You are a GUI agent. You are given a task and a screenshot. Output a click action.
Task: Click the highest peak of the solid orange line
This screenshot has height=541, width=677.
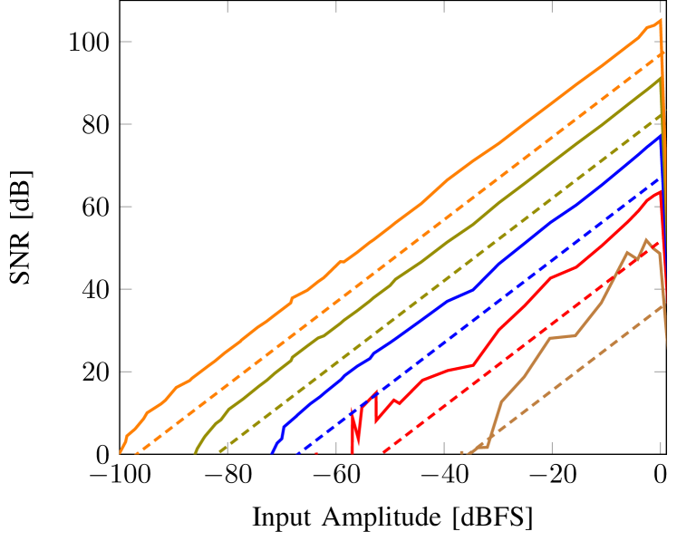[660, 20]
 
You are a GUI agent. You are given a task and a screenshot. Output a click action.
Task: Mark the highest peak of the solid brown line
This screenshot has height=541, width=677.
[645, 240]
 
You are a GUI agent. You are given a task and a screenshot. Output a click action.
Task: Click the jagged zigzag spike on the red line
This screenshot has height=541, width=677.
[355, 426]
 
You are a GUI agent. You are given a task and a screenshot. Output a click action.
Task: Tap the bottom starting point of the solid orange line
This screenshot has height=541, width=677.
[121, 452]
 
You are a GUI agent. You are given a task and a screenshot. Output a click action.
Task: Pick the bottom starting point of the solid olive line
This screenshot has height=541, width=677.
[196, 451]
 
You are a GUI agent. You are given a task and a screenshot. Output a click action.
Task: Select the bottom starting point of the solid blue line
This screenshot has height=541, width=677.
[272, 451]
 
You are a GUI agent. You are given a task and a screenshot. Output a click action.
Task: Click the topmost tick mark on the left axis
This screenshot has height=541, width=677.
[126, 42]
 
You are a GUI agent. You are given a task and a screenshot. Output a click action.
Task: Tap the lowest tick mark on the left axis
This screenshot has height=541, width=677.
[126, 372]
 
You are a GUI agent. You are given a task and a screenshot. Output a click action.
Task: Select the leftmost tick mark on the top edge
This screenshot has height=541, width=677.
[227, 6]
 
